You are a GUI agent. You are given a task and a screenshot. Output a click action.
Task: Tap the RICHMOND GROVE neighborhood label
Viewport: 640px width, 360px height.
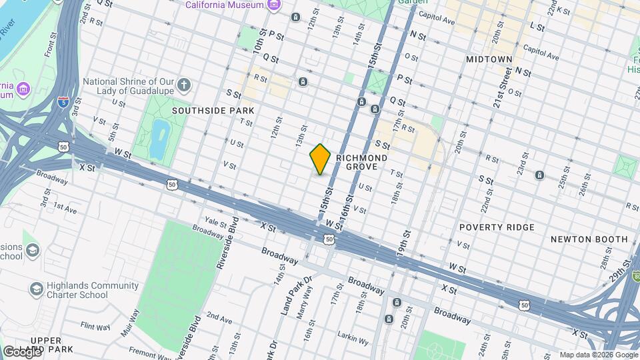(361, 162)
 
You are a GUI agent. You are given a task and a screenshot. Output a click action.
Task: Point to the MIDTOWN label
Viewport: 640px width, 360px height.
(489, 59)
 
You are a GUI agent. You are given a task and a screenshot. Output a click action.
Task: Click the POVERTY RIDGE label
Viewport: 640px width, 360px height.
(497, 227)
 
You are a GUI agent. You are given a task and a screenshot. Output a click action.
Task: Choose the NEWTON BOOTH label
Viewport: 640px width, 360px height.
(589, 239)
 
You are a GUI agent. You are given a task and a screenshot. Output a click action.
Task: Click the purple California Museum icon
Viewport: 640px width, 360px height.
(273, 6)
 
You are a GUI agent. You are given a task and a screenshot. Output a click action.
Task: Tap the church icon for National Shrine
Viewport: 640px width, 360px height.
(185, 85)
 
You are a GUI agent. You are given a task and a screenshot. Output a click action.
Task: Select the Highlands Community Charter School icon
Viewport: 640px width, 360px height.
(36, 289)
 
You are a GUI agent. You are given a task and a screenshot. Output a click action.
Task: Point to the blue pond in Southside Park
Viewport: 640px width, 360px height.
(159, 136)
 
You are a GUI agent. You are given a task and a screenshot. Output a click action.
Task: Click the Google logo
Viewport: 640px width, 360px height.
(21, 351)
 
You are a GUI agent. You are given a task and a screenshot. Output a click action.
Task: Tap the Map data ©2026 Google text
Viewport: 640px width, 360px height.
(598, 355)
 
